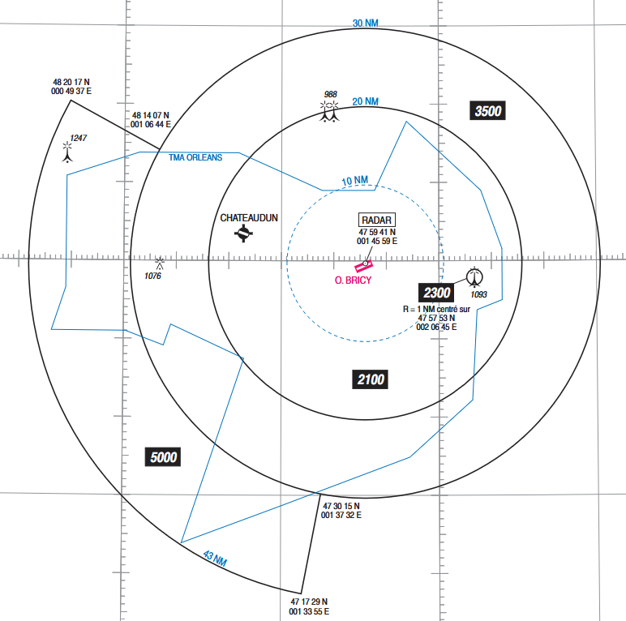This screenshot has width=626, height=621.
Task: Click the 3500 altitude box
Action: click(x=487, y=110)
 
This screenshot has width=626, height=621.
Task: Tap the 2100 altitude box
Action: click(x=370, y=379)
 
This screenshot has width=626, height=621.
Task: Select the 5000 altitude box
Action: click(x=163, y=457)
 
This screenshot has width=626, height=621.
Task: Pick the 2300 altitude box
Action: click(x=436, y=293)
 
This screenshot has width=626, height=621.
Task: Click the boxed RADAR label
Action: click(x=376, y=220)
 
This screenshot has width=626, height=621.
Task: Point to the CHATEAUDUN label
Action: click(x=249, y=218)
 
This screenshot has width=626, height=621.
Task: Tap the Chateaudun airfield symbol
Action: click(x=243, y=233)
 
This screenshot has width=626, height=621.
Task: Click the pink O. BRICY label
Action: click(x=353, y=281)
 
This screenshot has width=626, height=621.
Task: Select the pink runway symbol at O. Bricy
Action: click(x=364, y=265)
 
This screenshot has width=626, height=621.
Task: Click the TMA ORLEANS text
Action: click(x=195, y=157)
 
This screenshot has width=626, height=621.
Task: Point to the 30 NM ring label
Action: click(x=365, y=24)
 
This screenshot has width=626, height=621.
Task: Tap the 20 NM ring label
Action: click(x=365, y=101)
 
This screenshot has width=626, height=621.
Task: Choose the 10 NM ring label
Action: click(x=355, y=181)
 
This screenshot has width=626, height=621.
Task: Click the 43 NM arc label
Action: click(x=215, y=559)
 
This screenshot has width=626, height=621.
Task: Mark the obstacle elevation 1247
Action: click(x=78, y=138)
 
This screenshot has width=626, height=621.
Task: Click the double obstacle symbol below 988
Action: click(x=329, y=111)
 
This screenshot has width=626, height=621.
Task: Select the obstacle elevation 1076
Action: click(x=153, y=276)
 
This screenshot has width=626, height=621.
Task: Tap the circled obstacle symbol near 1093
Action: click(x=474, y=277)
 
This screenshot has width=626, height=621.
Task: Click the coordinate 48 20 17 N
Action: click(x=71, y=82)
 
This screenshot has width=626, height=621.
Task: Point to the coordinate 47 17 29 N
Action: click(x=309, y=602)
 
